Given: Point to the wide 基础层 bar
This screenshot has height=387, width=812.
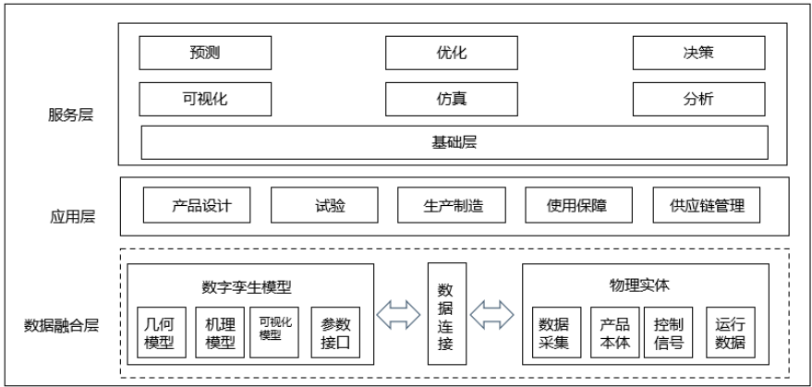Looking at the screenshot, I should point(454,143).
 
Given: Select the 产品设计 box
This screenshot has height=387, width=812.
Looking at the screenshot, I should point(198,205).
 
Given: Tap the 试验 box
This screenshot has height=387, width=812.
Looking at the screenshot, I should point(325,205).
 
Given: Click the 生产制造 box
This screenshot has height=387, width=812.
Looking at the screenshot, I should point(453,205).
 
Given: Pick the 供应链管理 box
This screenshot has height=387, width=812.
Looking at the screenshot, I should point(707,205).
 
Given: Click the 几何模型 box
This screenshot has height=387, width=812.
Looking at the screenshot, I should point(161,333).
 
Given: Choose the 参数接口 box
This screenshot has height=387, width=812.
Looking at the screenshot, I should point(336,333).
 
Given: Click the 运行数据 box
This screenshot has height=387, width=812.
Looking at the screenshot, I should point(730,333).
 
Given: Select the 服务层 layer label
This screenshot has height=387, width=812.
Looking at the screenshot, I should point(71,115).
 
